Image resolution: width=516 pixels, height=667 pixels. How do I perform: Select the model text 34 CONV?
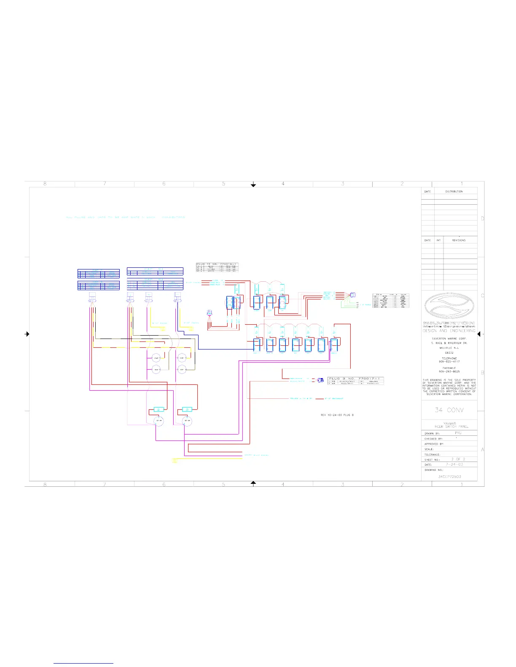coord(449,410)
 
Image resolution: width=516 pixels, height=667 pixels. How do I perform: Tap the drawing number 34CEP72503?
coord(449,477)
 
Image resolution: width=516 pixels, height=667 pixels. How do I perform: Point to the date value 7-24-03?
coord(454,464)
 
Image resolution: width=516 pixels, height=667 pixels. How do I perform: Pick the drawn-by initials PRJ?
coord(458,433)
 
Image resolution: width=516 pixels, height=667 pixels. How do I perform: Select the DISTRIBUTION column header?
coord(454,192)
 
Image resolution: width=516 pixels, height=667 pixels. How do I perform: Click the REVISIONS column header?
coord(459,240)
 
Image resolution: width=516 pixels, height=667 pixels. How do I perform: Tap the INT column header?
coord(438,240)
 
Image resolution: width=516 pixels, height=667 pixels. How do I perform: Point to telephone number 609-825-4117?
coord(449,362)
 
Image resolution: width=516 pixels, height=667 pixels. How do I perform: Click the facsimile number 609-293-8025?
coord(449,372)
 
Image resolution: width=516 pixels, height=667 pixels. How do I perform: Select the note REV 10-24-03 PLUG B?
coord(337,415)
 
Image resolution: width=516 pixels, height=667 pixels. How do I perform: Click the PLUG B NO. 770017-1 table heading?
coord(355,379)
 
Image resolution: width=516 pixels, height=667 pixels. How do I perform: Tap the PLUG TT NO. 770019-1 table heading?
coord(217,264)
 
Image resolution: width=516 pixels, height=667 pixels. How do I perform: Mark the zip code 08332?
coord(449,352)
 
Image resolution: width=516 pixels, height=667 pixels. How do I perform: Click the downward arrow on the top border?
coord(253,184)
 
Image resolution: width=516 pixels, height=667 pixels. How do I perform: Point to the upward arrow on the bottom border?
coord(253,483)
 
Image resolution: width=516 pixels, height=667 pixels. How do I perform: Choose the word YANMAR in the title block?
coord(449,424)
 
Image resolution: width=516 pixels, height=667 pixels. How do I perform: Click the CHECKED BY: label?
coord(433,439)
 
